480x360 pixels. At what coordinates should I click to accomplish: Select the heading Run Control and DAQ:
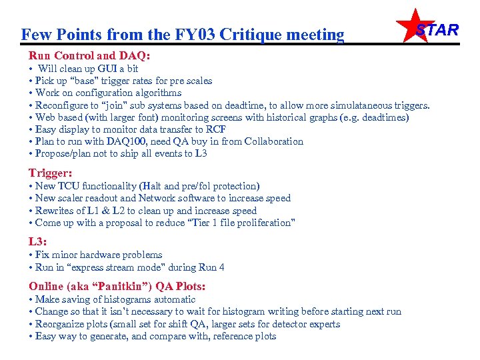pyautogui.click(x=89, y=56)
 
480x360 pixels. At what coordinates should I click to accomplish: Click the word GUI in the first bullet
pyautogui.click(x=105, y=69)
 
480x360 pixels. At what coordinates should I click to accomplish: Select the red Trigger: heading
pyautogui.click(x=50, y=173)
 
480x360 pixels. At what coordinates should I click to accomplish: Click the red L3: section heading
pyautogui.click(x=37, y=241)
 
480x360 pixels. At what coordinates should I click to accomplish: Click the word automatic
pyautogui.click(x=156, y=299)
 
